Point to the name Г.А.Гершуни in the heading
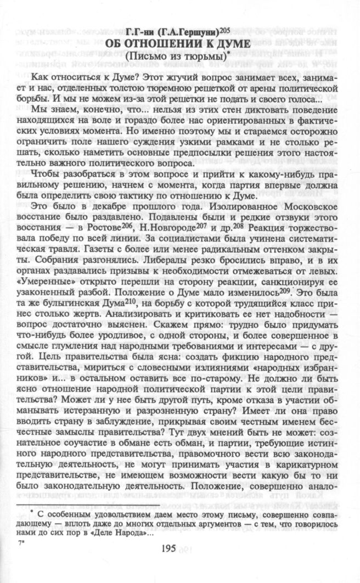click(x=196, y=30)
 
